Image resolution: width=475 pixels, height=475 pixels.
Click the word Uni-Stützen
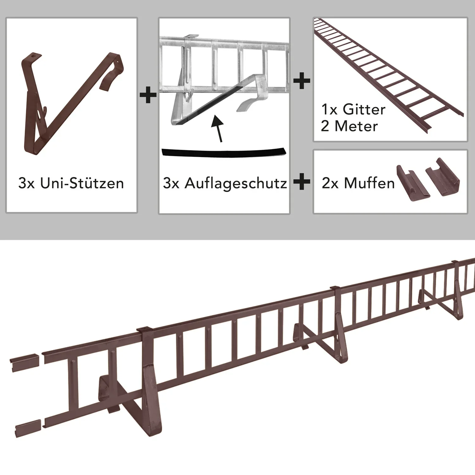[82, 183]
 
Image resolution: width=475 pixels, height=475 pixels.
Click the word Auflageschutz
[236, 183]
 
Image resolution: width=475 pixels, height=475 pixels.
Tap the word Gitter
[364, 110]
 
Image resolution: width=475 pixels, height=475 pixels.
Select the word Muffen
[369, 183]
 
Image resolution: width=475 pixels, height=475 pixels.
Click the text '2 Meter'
[349, 126]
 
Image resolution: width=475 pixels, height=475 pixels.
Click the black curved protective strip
[224, 152]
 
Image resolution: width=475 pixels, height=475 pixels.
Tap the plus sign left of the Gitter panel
[302, 80]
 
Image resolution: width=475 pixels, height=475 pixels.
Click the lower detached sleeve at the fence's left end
[28, 428]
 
